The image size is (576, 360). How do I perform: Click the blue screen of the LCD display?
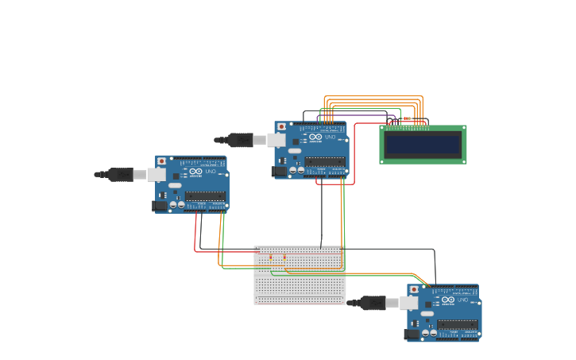point(423,145)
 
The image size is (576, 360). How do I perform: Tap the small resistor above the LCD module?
point(408,118)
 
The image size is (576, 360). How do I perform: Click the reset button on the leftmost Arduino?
point(162,161)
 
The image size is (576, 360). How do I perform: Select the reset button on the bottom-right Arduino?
point(414,290)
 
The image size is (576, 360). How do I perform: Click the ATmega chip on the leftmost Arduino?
point(205,196)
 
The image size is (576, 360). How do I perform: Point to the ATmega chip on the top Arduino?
point(325,161)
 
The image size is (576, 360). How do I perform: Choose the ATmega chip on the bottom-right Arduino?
point(458,324)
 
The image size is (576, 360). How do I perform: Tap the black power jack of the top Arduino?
point(279,171)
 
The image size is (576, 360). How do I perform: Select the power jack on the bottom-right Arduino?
point(412,335)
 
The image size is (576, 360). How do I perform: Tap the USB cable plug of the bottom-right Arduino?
point(373,303)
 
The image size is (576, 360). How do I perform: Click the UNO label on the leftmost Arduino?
point(211,172)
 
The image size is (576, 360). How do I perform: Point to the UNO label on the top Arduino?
point(330,137)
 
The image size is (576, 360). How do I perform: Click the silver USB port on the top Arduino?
point(275,140)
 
